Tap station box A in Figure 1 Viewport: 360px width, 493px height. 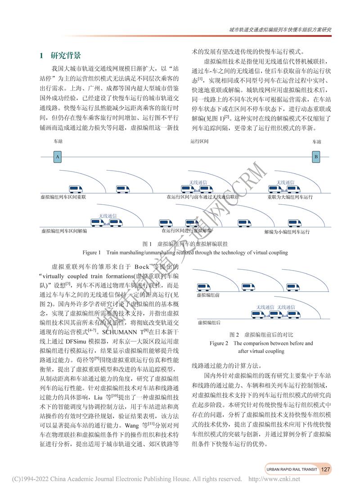click(x=57, y=157)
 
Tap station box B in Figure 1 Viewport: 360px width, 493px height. click(x=316, y=157)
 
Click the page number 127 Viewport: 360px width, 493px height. click(x=326, y=469)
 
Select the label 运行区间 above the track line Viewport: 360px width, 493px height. click(x=199, y=141)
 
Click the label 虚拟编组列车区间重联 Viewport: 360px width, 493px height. click(x=63, y=197)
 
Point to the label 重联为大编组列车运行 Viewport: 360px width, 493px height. click(x=290, y=197)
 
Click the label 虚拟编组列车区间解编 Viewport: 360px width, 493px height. click(x=63, y=231)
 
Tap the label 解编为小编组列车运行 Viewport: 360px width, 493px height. click(x=287, y=231)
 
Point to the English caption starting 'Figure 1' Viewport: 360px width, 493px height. click(x=185, y=253)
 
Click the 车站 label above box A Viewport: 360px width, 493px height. click(x=58, y=141)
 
